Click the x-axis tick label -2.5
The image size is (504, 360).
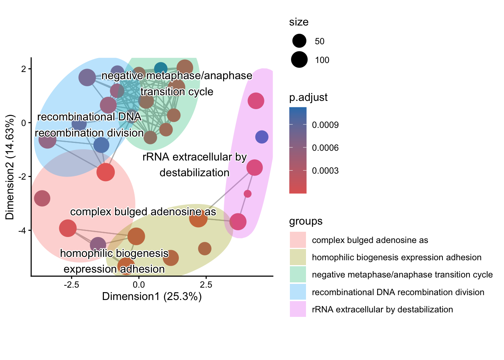coord(71,285)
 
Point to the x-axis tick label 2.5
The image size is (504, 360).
coord(206,285)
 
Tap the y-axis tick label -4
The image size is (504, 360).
coord(21,230)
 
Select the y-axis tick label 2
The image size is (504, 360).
coord(24,69)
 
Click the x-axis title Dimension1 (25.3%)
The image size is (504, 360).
coord(152,297)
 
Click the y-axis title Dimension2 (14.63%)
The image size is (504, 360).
coord(10,167)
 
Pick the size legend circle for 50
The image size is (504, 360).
coord(299,41)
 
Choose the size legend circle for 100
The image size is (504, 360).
coord(299,60)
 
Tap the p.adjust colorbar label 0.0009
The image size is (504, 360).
coord(325,125)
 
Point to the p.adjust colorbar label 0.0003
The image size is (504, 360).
coord(325,171)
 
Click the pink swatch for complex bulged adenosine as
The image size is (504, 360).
coord(298,240)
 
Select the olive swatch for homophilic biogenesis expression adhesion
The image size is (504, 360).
coord(298,257)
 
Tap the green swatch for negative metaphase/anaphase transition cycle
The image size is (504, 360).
coord(298,274)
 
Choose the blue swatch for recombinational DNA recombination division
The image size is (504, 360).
coord(298,292)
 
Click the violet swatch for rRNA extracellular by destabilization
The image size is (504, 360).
coord(298,309)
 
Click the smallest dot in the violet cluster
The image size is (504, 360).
coord(247,194)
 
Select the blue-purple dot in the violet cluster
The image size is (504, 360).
coord(262,137)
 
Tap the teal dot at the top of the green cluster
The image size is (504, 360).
coord(160,69)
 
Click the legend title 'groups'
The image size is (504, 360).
coord(306,221)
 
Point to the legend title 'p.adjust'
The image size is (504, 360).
coord(308,97)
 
